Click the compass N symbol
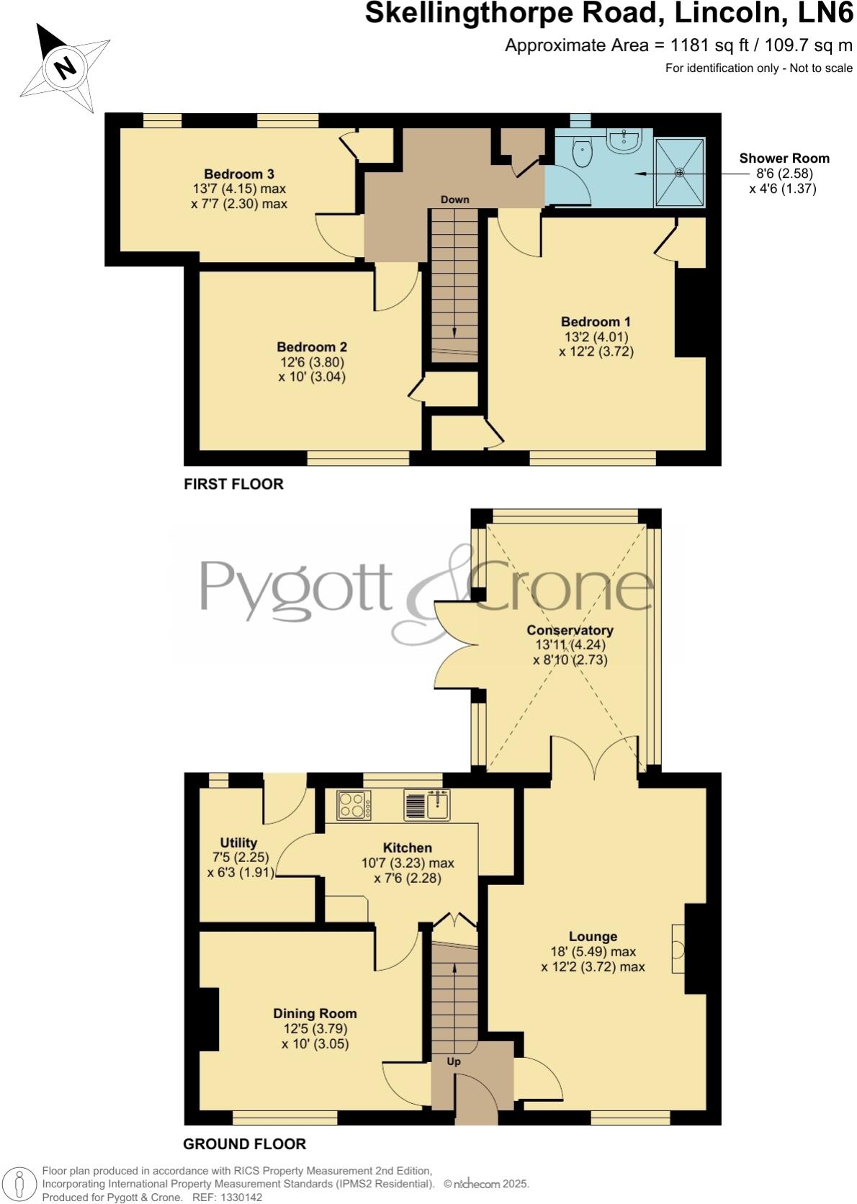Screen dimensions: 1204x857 coord(66,68)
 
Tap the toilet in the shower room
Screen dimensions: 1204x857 coord(582,152)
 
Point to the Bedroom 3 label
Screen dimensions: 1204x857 coord(238,174)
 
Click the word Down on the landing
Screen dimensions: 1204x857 coord(455,199)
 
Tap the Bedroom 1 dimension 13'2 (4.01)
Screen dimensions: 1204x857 coord(596,337)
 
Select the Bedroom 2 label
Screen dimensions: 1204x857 coord(312,347)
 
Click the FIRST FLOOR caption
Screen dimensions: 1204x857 coord(233,485)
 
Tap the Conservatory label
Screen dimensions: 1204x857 coord(570,630)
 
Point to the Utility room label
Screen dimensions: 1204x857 coord(238,843)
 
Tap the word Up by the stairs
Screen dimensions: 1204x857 coord(454,1062)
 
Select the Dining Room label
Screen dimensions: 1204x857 coord(315,1014)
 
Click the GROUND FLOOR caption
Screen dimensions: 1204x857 coord(244,1144)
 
